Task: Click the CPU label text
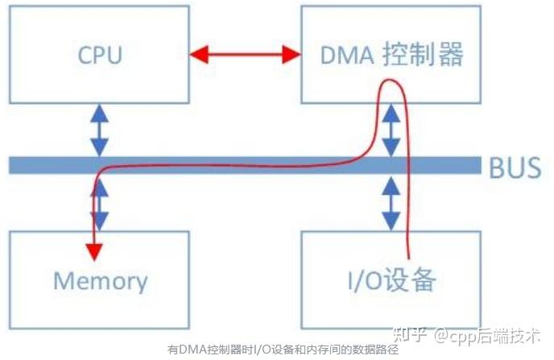tap(100, 55)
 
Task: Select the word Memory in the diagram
tap(100, 280)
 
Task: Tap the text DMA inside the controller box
tap(341, 55)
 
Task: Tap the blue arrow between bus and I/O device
tap(391, 202)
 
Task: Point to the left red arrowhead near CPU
tap(198, 55)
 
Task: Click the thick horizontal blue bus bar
tap(242, 165)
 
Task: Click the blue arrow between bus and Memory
tap(101, 202)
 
